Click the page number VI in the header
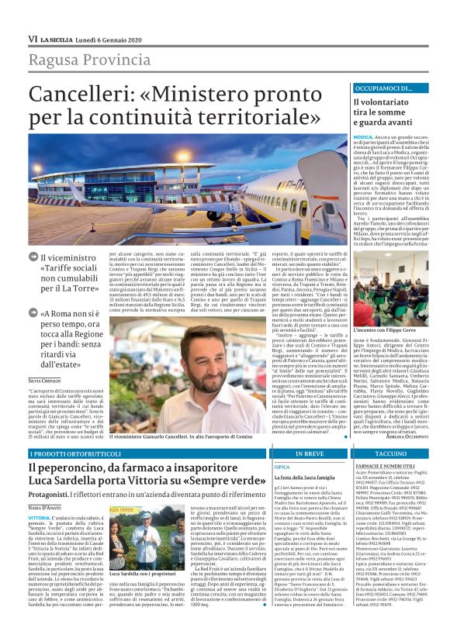coord(33,39)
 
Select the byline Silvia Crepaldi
coord(45,381)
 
